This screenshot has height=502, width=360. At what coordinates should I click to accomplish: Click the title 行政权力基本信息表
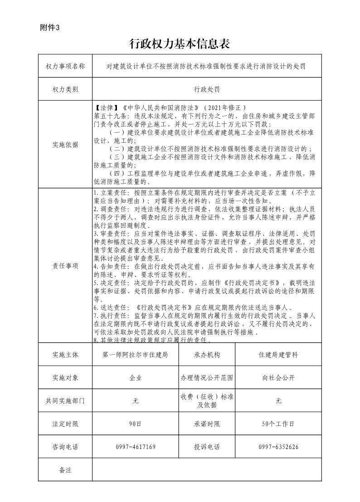click(x=180, y=43)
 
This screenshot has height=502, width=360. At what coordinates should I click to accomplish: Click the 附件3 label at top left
click(x=50, y=27)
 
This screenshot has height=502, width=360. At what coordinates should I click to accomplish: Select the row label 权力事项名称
click(x=65, y=66)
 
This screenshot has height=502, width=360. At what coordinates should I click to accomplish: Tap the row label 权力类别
click(x=65, y=89)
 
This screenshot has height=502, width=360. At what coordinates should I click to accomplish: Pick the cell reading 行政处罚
click(x=207, y=89)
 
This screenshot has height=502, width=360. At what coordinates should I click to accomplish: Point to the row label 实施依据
click(x=65, y=145)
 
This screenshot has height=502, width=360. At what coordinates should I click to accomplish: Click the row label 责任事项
click(x=65, y=265)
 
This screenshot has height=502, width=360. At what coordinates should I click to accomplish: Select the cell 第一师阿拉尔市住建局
click(x=136, y=355)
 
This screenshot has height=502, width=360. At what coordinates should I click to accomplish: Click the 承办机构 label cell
click(x=207, y=355)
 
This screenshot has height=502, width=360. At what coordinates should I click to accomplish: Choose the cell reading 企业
click(x=136, y=377)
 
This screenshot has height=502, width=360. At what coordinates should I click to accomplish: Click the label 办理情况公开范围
click(x=207, y=377)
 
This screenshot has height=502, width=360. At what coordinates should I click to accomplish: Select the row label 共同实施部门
click(x=65, y=401)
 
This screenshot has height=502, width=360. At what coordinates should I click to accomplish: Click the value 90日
click(x=136, y=424)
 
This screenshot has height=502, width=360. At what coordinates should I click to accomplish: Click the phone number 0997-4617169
click(x=136, y=447)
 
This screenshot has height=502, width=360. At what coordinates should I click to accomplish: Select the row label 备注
click(x=65, y=470)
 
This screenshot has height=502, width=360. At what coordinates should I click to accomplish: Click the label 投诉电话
click(x=207, y=447)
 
